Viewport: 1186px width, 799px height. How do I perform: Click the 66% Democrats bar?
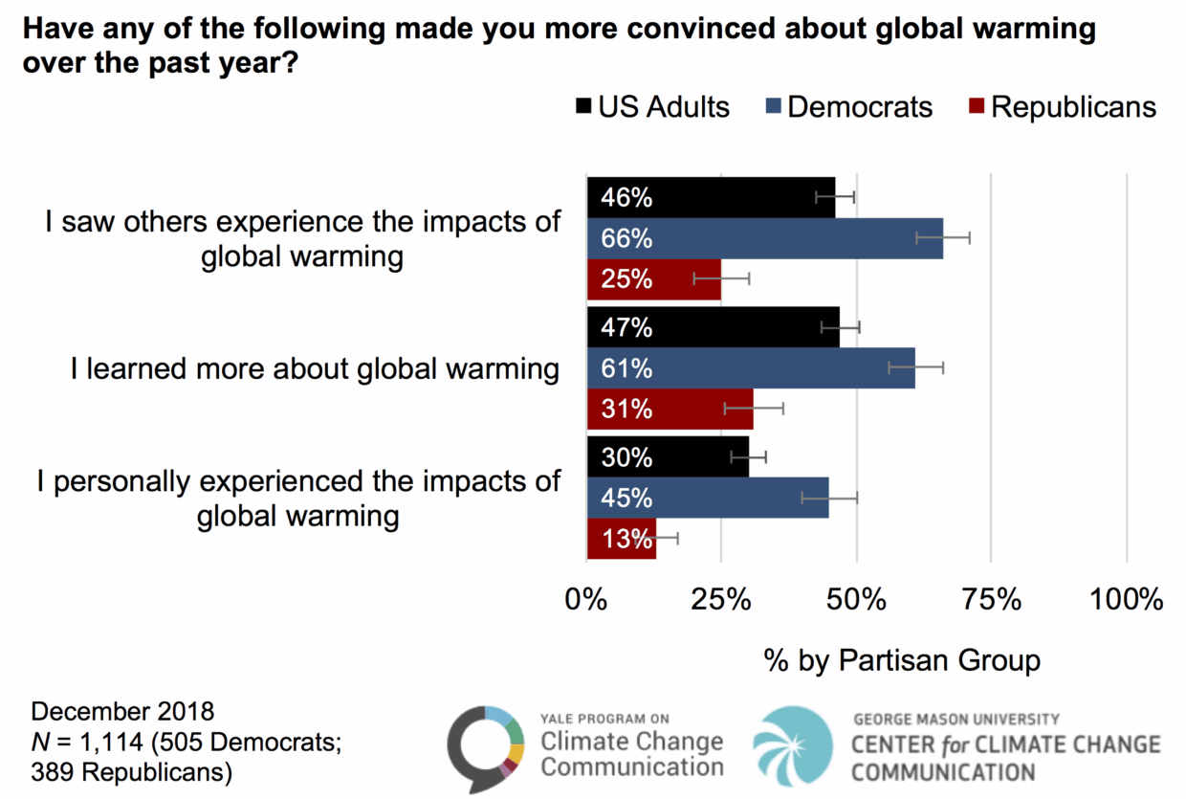coord(765,238)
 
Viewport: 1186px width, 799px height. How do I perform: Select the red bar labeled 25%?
coord(654,279)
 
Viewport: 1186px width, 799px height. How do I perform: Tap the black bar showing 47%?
coord(713,327)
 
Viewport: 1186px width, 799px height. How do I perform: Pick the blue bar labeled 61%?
coord(751,368)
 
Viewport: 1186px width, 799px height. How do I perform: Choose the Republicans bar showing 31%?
coord(670,410)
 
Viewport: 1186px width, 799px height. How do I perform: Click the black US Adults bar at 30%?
coord(668,457)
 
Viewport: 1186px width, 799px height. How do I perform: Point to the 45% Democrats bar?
coord(708,499)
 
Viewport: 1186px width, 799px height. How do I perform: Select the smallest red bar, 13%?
coord(622,539)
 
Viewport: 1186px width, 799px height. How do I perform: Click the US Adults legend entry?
coord(652,106)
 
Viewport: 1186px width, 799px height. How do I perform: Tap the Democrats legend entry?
coord(848,106)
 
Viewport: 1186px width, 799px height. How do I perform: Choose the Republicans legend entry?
coord(1062,106)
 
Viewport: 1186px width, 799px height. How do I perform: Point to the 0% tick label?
coord(586,600)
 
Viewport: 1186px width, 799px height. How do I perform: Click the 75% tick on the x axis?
coord(992,600)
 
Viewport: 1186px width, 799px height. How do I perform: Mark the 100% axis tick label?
coord(1126,600)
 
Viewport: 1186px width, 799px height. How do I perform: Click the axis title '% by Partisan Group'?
coord(901,659)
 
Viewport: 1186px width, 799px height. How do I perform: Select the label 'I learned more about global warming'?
coord(315,369)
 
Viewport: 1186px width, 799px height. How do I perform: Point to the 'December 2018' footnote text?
coord(122,712)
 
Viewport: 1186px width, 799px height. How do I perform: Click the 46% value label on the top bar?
coord(626,198)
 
